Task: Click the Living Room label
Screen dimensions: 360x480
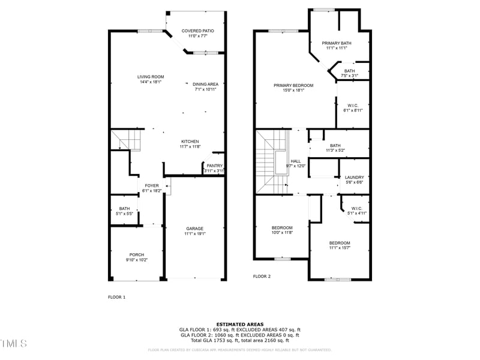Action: (x=151, y=77)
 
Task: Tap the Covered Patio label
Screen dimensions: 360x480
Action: (x=197, y=31)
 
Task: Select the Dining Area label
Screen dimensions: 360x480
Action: (x=205, y=84)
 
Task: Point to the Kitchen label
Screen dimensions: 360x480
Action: (x=189, y=142)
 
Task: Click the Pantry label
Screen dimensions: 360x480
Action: (x=214, y=166)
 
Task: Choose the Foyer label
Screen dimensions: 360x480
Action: (x=151, y=186)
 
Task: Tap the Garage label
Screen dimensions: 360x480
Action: (x=194, y=229)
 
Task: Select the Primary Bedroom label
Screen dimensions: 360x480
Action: (x=293, y=86)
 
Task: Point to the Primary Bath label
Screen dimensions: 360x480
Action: (x=337, y=43)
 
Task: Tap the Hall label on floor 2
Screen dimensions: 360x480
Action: (x=296, y=161)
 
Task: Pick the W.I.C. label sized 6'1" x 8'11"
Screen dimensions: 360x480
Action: (x=353, y=106)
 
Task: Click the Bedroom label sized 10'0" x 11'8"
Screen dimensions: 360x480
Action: (x=282, y=228)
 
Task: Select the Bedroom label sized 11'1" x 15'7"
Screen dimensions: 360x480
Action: (x=339, y=243)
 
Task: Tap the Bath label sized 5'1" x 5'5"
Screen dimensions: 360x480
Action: (x=124, y=209)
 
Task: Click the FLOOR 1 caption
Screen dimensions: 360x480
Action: (x=116, y=297)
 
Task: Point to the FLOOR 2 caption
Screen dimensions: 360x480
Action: (x=262, y=277)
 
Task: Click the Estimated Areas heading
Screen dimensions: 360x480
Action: (x=239, y=324)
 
